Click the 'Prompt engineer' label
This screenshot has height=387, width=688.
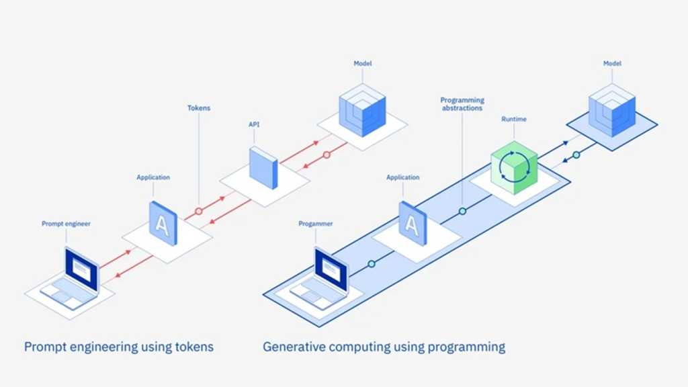coord(66,224)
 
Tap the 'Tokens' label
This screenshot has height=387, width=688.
coord(198,107)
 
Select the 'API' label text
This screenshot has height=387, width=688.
coord(254,124)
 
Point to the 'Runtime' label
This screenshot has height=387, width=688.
coord(513,119)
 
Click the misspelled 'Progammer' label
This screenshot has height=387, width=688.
coord(316,224)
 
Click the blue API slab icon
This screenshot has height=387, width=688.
coord(263,167)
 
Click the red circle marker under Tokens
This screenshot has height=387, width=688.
coord(198,211)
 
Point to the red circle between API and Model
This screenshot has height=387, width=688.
coord(327,155)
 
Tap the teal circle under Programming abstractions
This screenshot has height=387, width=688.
coord(462,211)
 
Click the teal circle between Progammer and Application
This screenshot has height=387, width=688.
coord(371,264)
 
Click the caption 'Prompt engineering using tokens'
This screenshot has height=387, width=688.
coord(119,347)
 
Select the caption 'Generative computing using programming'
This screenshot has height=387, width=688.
coord(384,347)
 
